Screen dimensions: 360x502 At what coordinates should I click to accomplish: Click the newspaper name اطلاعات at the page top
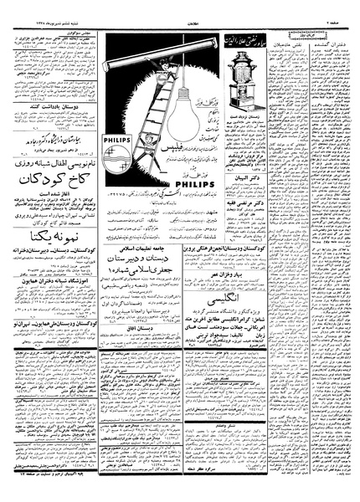pos(179,11)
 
